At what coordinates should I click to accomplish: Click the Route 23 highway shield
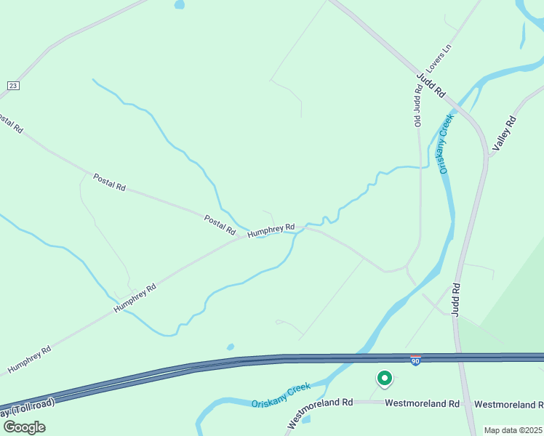pos(13,86)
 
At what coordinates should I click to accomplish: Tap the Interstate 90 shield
pos(415,360)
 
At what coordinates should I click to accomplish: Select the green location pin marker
pos(384,379)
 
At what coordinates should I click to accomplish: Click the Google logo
pos(23,427)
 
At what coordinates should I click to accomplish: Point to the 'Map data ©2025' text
pos(513,430)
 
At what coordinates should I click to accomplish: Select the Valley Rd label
pos(503,134)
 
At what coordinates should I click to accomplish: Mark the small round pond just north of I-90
pos(231,347)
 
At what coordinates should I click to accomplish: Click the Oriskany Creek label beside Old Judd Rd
pos(447,143)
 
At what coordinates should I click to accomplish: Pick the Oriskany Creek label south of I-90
pos(281,395)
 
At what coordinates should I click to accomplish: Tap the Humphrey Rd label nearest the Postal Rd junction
pos(271,230)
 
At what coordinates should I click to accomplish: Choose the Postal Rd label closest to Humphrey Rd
pos(220,225)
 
